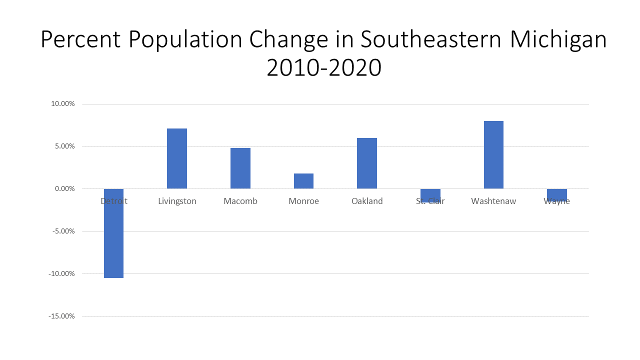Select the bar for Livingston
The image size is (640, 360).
click(x=177, y=158)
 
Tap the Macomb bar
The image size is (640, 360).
click(x=240, y=168)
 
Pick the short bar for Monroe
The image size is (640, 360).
click(x=303, y=181)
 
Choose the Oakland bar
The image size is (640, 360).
click(x=367, y=163)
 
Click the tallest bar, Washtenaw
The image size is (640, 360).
click(x=493, y=154)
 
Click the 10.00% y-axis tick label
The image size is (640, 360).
click(x=62, y=104)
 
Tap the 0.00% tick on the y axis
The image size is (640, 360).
click(x=64, y=189)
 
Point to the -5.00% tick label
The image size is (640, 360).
click(x=63, y=231)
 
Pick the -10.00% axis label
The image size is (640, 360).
click(x=61, y=274)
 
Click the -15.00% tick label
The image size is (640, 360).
click(x=61, y=316)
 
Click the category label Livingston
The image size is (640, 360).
click(x=177, y=201)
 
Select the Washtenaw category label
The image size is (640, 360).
click(x=493, y=201)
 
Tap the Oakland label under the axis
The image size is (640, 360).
click(x=367, y=201)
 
